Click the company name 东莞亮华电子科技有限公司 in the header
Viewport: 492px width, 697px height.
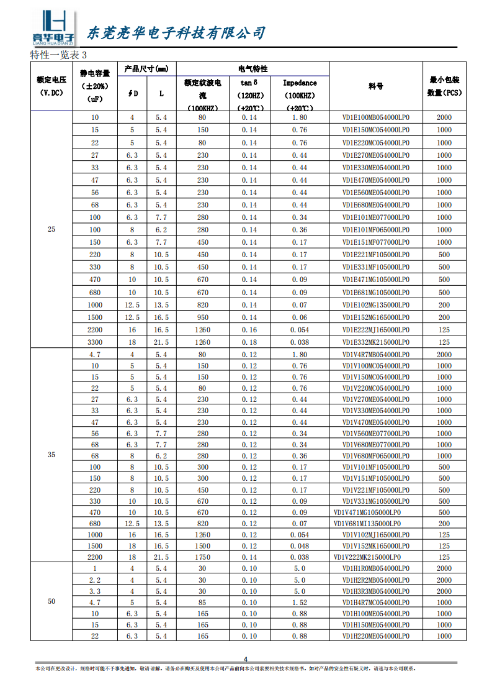tap(176, 33)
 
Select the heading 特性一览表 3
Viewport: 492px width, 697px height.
tap(58, 56)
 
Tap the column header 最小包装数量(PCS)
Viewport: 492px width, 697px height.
tap(444, 86)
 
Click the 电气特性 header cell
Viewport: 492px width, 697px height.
tap(253, 69)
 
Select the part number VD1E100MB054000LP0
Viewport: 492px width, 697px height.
tap(376, 117)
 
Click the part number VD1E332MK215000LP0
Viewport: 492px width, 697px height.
tap(376, 342)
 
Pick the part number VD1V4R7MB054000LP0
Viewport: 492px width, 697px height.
tap(376, 355)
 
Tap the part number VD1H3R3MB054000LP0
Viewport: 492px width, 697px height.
tap(376, 591)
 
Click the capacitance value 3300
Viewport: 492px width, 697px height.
tap(95, 342)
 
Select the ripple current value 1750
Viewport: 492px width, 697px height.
tap(203, 557)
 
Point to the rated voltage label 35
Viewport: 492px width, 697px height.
tap(51, 455)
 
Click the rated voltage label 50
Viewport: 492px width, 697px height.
tap(51, 602)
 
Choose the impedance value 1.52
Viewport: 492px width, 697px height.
tap(300, 603)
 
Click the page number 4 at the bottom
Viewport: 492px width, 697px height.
tap(245, 659)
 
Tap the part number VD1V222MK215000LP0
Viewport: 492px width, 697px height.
tap(367, 557)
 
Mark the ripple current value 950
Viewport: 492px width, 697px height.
tap(203, 317)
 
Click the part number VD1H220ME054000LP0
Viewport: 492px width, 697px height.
tap(376, 636)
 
